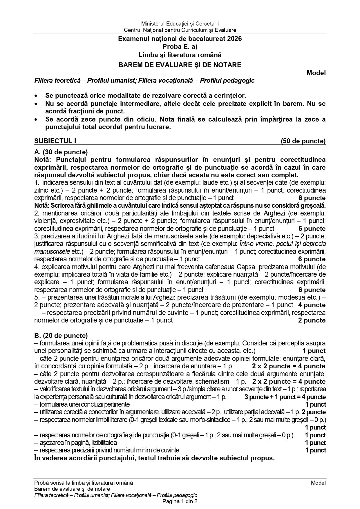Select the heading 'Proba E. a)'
pyautogui.click(x=180, y=46)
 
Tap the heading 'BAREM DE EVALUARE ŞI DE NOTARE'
pyautogui.click(x=180, y=65)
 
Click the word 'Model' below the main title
pyautogui.click(x=316, y=73)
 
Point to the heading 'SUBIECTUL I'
pyautogui.click(x=55, y=141)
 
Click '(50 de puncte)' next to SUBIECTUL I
pyautogui.click(x=303, y=141)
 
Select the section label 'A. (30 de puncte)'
pyautogui.click(x=61, y=152)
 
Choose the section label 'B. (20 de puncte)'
pyautogui.click(x=61, y=336)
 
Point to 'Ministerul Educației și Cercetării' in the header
pyautogui.click(x=180, y=23)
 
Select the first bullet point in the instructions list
pyautogui.click(x=36, y=96)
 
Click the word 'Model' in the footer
pyautogui.click(x=318, y=483)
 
